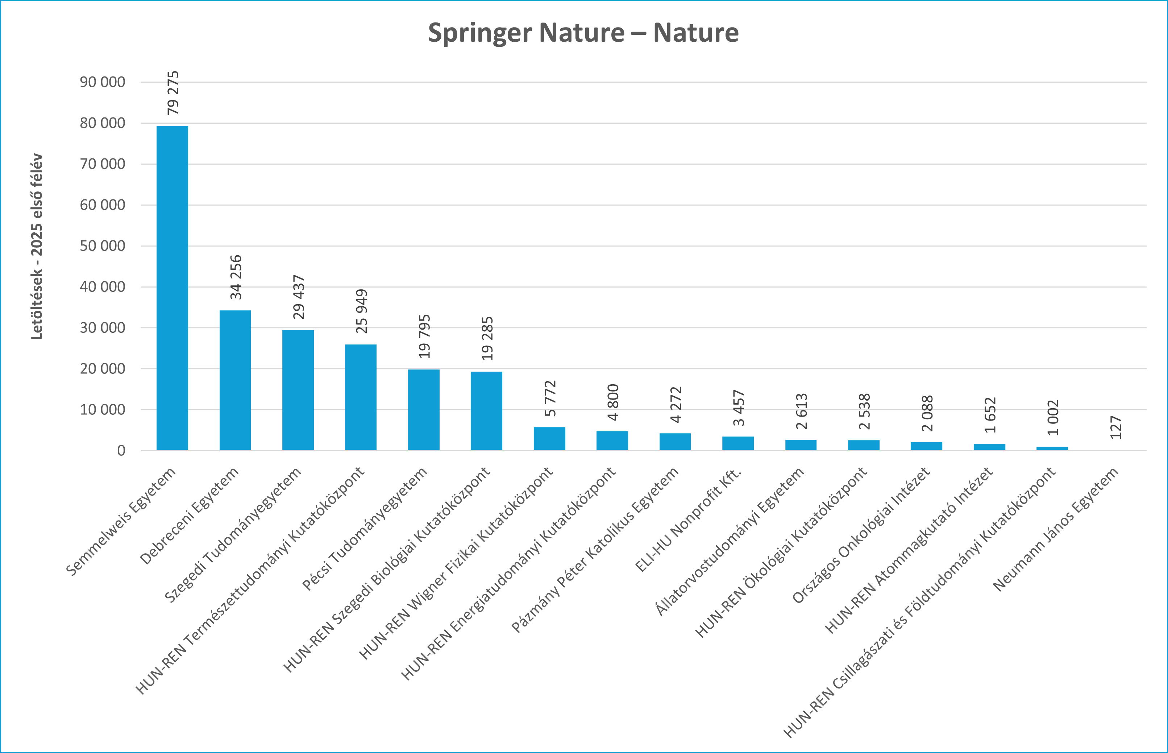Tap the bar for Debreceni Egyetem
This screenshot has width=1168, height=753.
pyautogui.click(x=235, y=380)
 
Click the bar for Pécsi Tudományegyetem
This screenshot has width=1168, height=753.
pyautogui.click(x=423, y=409)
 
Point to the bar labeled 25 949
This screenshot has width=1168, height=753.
pyautogui.click(x=361, y=397)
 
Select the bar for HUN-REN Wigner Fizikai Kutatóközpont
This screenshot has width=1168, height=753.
pyautogui.click(x=549, y=439)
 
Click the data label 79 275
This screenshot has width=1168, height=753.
pyautogui.click(x=173, y=93)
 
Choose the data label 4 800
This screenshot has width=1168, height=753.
pyautogui.click(x=613, y=402)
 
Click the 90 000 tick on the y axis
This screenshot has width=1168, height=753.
pyautogui.click(x=102, y=82)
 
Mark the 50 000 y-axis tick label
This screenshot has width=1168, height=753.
pyautogui.click(x=102, y=246)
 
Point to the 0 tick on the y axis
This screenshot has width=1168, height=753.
pyautogui.click(x=121, y=450)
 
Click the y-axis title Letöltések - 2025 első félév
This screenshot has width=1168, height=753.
pyautogui.click(x=37, y=247)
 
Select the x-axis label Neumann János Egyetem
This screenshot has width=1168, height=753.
pyautogui.click(x=1056, y=530)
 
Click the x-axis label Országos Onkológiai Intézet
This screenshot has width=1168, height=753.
pyautogui.click(x=861, y=536)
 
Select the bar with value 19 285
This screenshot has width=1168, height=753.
pyautogui.click(x=486, y=411)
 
